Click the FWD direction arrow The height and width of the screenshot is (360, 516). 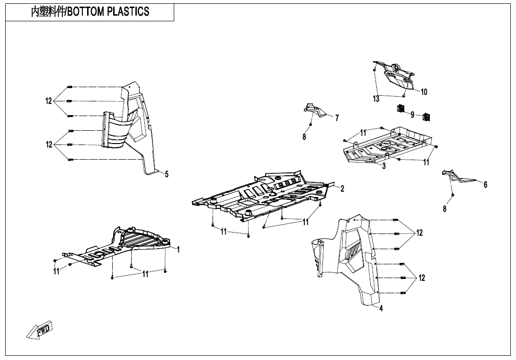click(40, 330)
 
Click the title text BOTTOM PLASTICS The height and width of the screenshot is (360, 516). click(90, 12)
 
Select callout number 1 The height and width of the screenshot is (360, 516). click(178, 250)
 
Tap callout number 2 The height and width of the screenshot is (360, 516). click(342, 189)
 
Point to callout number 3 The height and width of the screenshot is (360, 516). click(384, 166)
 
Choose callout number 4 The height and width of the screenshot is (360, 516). click(381, 308)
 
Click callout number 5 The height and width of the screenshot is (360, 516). click(167, 174)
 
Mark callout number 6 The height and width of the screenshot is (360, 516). click(485, 185)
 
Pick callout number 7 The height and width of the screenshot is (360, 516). click(337, 118)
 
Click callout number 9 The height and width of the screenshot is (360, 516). click(412, 115)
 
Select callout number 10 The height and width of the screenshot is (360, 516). click(424, 92)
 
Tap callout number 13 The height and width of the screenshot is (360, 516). click(376, 99)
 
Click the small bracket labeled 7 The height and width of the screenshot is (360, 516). click(315, 110)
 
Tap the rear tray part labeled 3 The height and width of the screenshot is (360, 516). click(388, 144)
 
